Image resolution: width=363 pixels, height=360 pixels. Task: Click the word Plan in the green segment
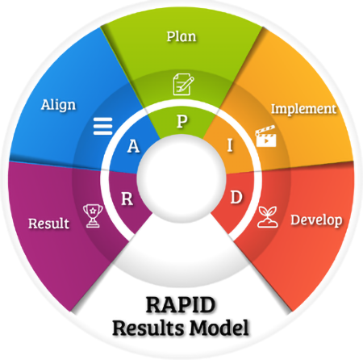181,36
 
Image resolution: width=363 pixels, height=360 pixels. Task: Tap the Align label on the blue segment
58,105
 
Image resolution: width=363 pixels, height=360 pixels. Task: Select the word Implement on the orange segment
303,109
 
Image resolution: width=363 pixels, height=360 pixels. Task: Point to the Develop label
316,220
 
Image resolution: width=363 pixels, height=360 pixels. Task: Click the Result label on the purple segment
48,224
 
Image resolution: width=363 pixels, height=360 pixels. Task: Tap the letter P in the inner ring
182,121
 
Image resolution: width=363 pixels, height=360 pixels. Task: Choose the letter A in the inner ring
133,146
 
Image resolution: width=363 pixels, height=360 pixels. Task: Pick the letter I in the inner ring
230,145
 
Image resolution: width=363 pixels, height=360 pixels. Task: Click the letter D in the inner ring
236,197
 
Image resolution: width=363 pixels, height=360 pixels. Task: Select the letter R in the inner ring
127,199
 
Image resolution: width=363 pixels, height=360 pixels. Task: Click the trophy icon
93,216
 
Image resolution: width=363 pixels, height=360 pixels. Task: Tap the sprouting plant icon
268,217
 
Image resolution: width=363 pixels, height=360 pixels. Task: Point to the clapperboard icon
265,136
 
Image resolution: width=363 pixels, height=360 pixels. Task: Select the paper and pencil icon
183,84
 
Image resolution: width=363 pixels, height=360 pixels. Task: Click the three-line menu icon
102,126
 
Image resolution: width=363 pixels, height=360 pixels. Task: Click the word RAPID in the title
181,304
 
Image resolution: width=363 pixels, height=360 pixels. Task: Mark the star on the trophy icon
93,210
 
